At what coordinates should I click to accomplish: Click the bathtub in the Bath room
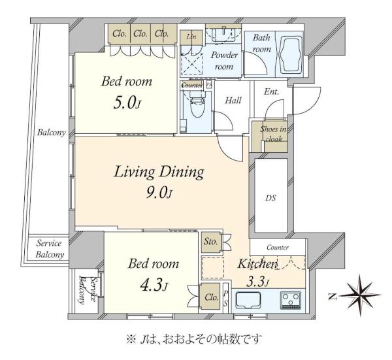[x=290, y=55]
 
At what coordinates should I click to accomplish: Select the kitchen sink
[x=248, y=301]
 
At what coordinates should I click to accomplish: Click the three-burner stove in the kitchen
[x=290, y=300]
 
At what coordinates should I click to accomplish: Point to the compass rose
[x=360, y=296]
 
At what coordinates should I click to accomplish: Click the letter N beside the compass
[x=333, y=297]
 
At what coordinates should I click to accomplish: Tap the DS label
[x=270, y=198]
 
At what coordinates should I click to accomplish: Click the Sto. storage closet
[x=212, y=242]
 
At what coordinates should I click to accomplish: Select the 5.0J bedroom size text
[x=127, y=103]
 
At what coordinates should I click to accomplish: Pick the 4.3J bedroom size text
[x=154, y=286]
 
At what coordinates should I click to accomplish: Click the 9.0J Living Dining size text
[x=159, y=193]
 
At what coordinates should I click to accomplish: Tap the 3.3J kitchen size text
[x=257, y=282]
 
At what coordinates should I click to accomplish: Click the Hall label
[x=233, y=101]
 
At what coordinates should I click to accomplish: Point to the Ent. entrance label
[x=272, y=91]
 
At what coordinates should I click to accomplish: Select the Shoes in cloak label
[x=273, y=134]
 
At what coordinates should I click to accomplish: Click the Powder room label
[x=224, y=61]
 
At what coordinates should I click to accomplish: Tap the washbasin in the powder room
[x=223, y=35]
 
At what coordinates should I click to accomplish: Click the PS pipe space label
[x=225, y=299]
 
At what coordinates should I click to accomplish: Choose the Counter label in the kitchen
[x=278, y=247]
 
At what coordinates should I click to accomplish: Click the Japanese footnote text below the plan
[x=194, y=339]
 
